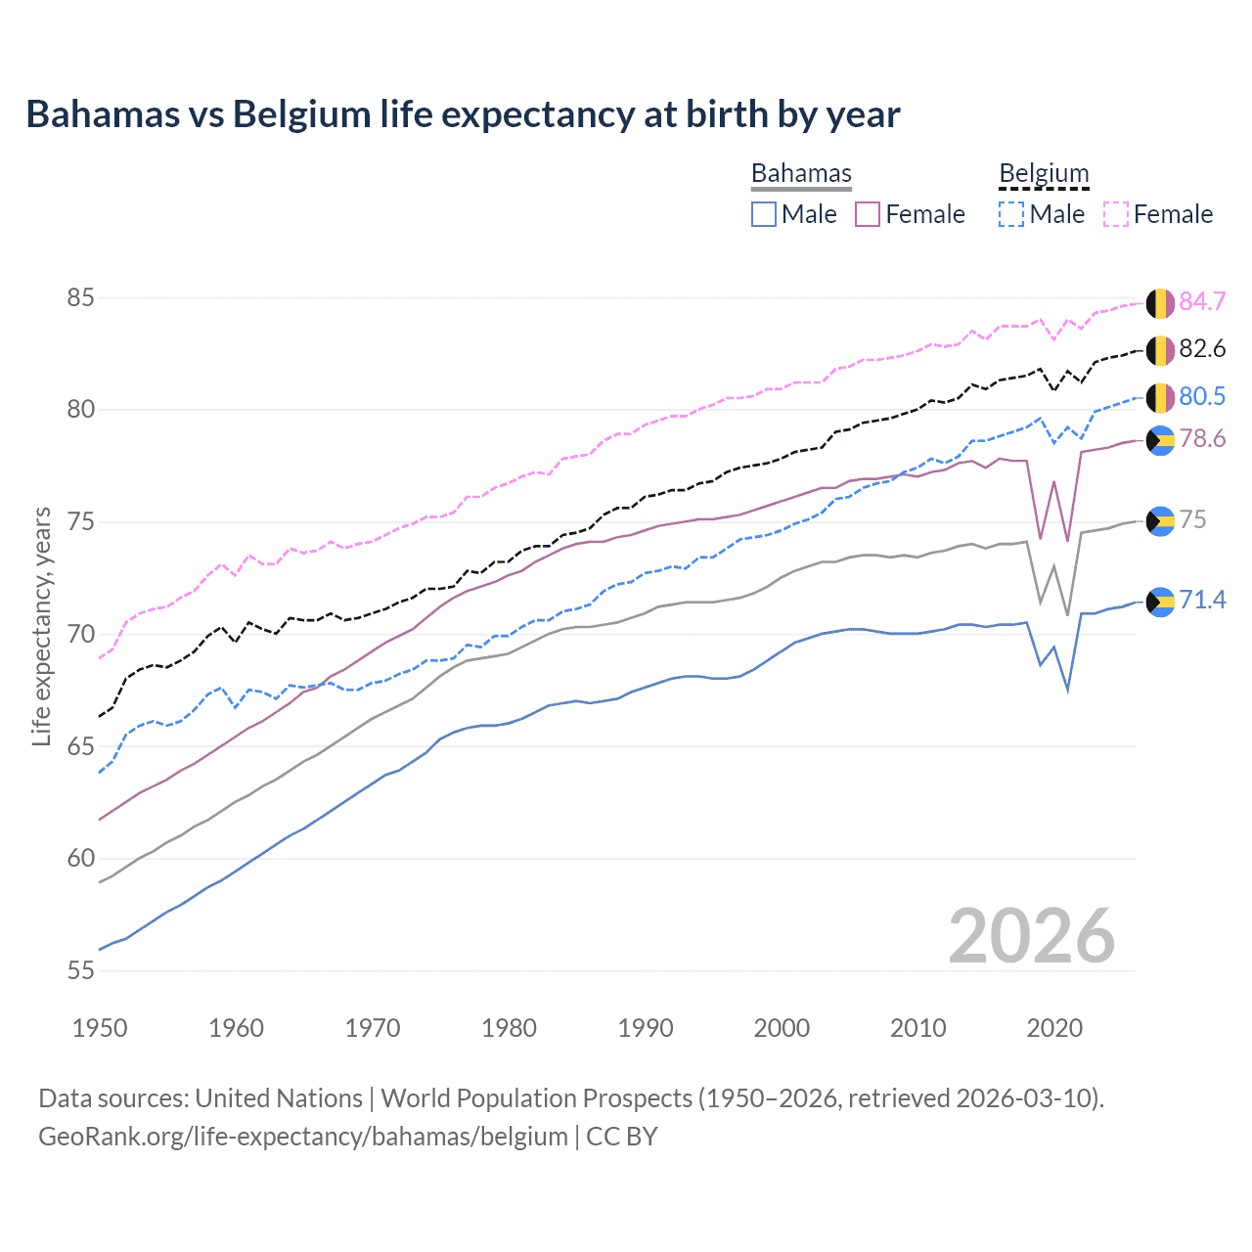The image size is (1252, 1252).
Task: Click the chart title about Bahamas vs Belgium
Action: coord(463,114)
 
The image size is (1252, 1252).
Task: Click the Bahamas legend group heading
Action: coord(801,173)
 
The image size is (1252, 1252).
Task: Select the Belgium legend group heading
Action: coord(1044,173)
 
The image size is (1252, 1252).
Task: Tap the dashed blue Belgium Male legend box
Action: coord(1011,214)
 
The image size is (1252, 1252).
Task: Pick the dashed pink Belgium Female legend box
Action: coord(1116,214)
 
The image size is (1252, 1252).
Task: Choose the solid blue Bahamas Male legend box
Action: coord(764,214)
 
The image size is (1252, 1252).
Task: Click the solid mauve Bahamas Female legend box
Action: coord(868,214)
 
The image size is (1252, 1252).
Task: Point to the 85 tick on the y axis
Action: coord(81,297)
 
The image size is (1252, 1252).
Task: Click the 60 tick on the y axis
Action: coord(81,859)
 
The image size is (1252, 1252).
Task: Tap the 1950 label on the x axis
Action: coord(100,1028)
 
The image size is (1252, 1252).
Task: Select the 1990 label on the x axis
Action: coord(646,1028)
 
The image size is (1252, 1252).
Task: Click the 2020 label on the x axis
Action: coord(1054,1028)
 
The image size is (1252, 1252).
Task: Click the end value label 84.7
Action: coord(1202,302)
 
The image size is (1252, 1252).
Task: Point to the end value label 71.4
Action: coord(1202,600)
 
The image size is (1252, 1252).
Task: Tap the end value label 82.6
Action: coord(1202,349)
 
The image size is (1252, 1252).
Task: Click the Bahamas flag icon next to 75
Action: coord(1160,521)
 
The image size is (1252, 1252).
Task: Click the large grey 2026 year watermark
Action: coord(1032,936)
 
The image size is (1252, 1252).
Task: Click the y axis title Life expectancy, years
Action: coord(42,626)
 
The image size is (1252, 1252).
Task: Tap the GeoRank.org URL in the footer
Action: coord(303,1137)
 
